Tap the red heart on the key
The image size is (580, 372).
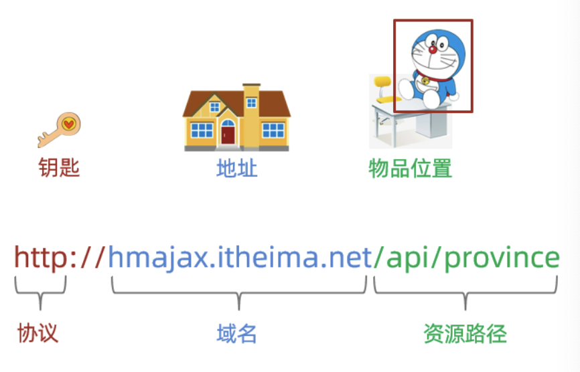tap(69, 124)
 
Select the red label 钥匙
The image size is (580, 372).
tap(58, 167)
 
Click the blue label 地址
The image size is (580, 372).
tap(236, 167)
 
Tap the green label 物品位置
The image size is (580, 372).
tap(410, 167)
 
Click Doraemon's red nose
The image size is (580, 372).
tap(433, 48)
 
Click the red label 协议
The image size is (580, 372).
tap(38, 333)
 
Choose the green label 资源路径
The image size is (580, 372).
tap(465, 333)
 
